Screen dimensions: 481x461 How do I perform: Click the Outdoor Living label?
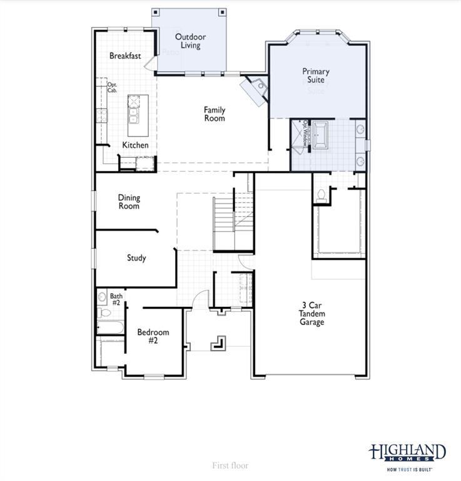(190, 41)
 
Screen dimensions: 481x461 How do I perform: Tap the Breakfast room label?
(125, 56)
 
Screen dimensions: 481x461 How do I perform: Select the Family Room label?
(215, 114)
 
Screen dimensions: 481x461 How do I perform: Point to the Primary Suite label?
(316, 76)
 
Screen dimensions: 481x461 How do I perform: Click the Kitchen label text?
(135, 145)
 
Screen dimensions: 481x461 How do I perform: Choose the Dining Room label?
(129, 202)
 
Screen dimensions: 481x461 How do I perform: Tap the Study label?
(136, 258)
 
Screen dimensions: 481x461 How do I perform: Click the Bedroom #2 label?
(153, 336)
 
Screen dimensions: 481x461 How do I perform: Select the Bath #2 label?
(116, 299)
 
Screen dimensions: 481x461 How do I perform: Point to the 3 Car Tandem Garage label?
(312, 314)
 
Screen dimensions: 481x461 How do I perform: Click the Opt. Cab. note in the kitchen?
(113, 88)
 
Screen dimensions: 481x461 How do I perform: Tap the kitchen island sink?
(134, 115)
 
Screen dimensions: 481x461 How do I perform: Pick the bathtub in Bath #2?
(109, 328)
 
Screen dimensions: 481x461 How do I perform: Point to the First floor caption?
(230, 465)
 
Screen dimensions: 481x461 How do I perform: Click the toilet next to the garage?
(322, 196)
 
